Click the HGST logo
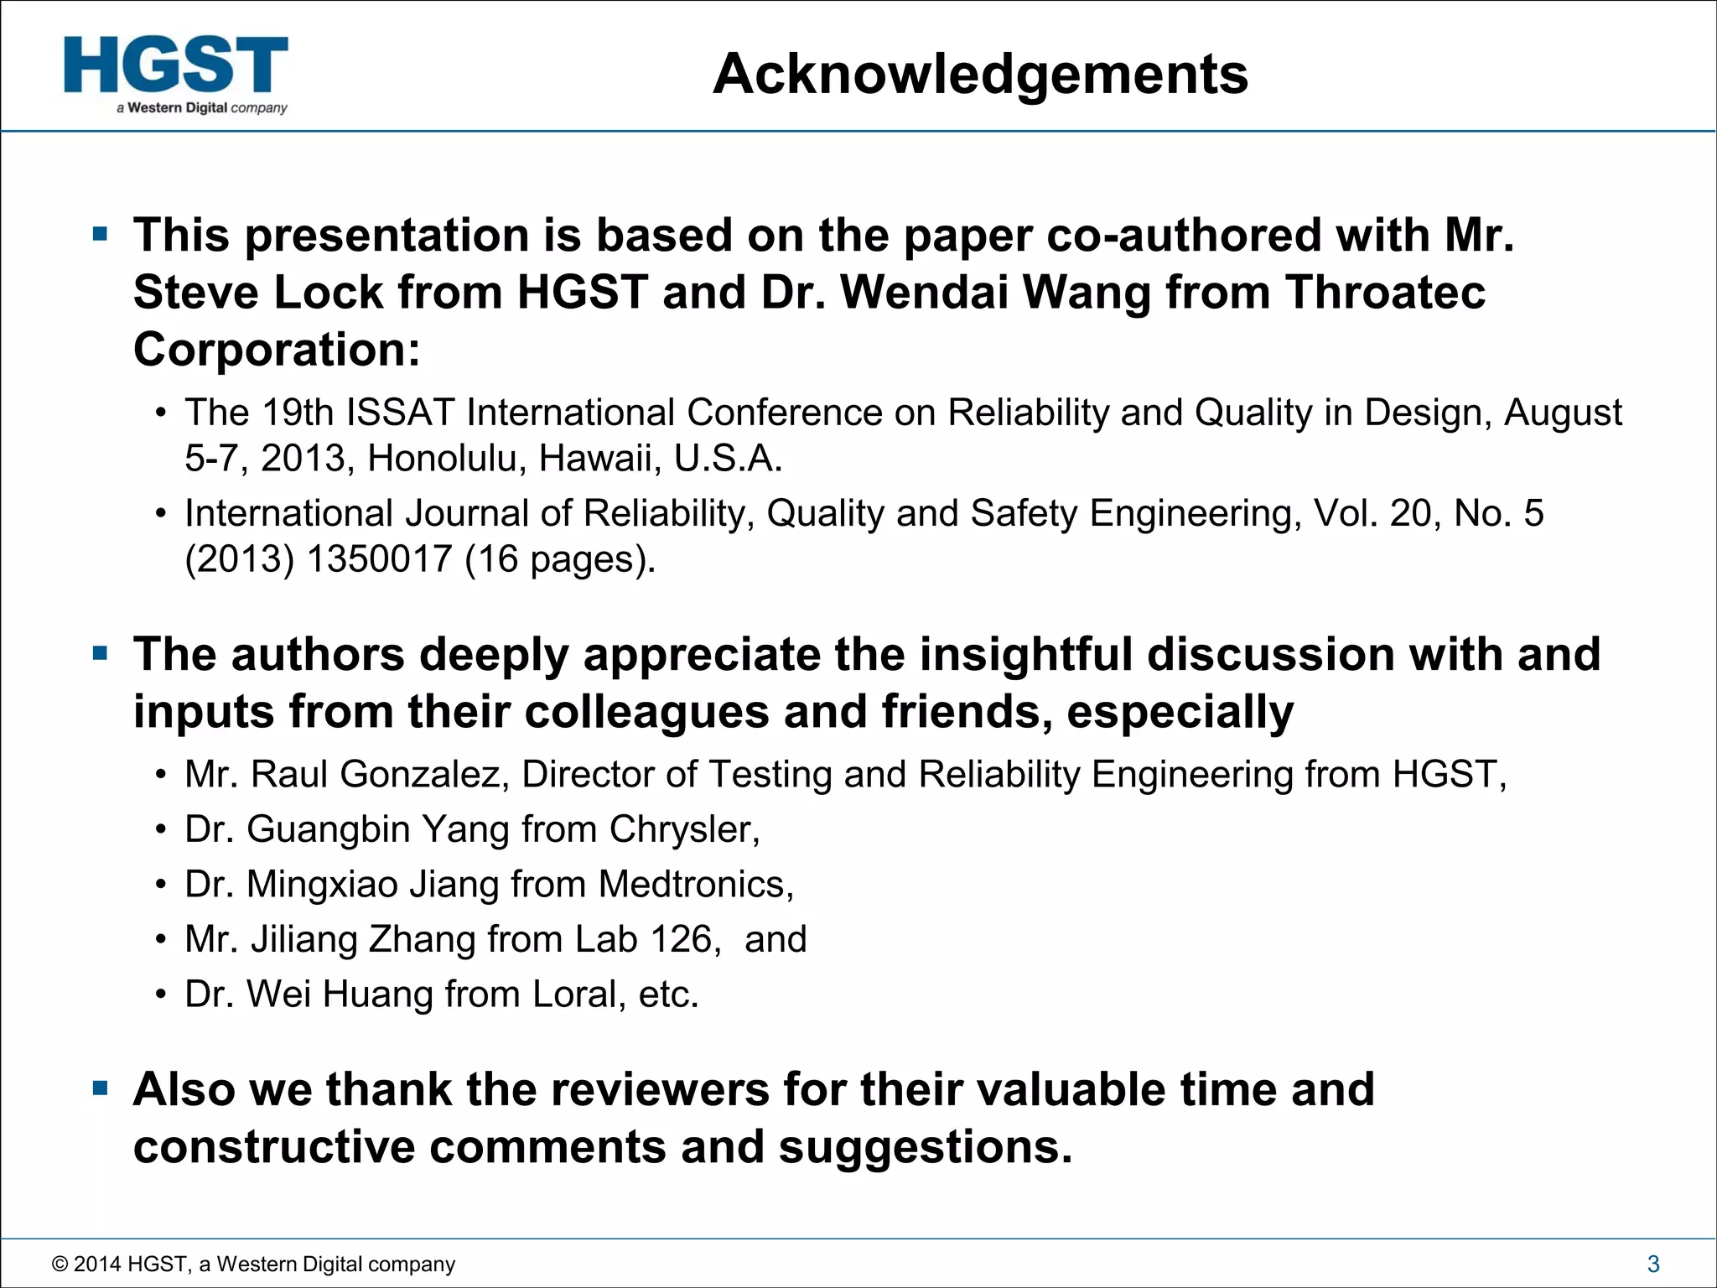point(176,74)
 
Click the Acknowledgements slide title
point(980,74)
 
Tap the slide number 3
point(1653,1264)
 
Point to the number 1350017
point(379,559)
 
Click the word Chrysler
point(684,829)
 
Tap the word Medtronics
point(695,884)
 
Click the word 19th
point(298,413)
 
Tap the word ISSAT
point(400,413)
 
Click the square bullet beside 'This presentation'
point(101,234)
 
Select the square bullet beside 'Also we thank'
point(101,1089)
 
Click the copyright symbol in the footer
point(60,1264)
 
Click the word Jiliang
point(304,939)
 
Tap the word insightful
point(1026,654)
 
